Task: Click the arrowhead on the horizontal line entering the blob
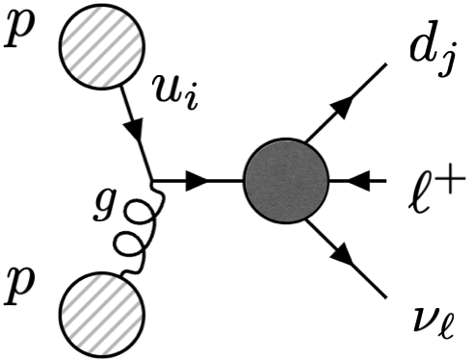point(198,180)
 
